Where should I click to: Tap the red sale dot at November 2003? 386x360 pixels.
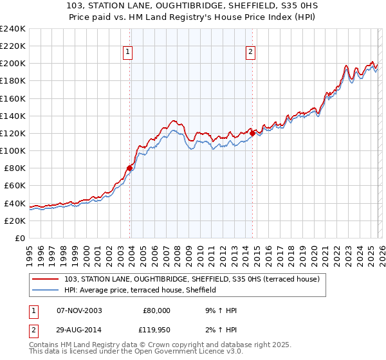tap(129, 168)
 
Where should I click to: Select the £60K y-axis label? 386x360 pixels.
tap(14, 186)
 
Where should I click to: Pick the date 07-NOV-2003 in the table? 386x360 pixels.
tap(80, 310)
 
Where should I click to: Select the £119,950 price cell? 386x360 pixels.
tap(156, 331)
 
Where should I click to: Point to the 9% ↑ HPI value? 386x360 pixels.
tap(219, 310)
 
